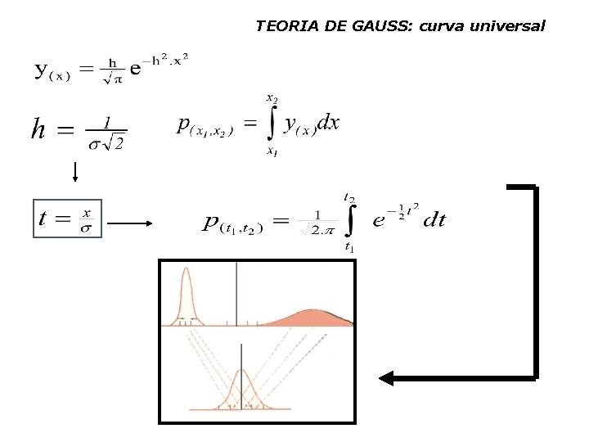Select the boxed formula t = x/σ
[67, 219]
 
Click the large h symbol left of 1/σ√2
[38, 129]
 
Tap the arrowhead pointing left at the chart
[384, 378]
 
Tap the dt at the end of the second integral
[434, 219]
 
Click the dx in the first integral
[327, 123]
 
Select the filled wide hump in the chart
[311, 318]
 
